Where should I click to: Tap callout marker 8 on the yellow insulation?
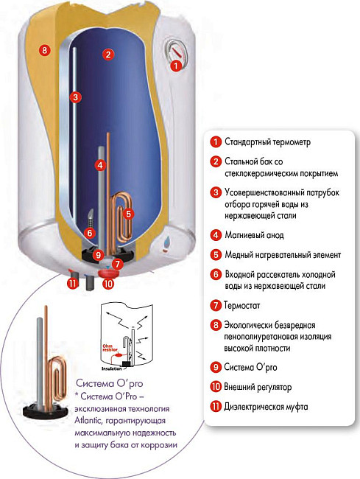44,51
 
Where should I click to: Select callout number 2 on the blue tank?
108,54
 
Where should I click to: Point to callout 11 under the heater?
72,283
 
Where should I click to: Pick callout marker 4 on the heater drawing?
101,164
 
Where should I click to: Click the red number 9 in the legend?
216,366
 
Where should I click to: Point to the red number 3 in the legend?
216,192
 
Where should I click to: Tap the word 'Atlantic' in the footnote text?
93,420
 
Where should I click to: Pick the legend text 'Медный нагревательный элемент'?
283,255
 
